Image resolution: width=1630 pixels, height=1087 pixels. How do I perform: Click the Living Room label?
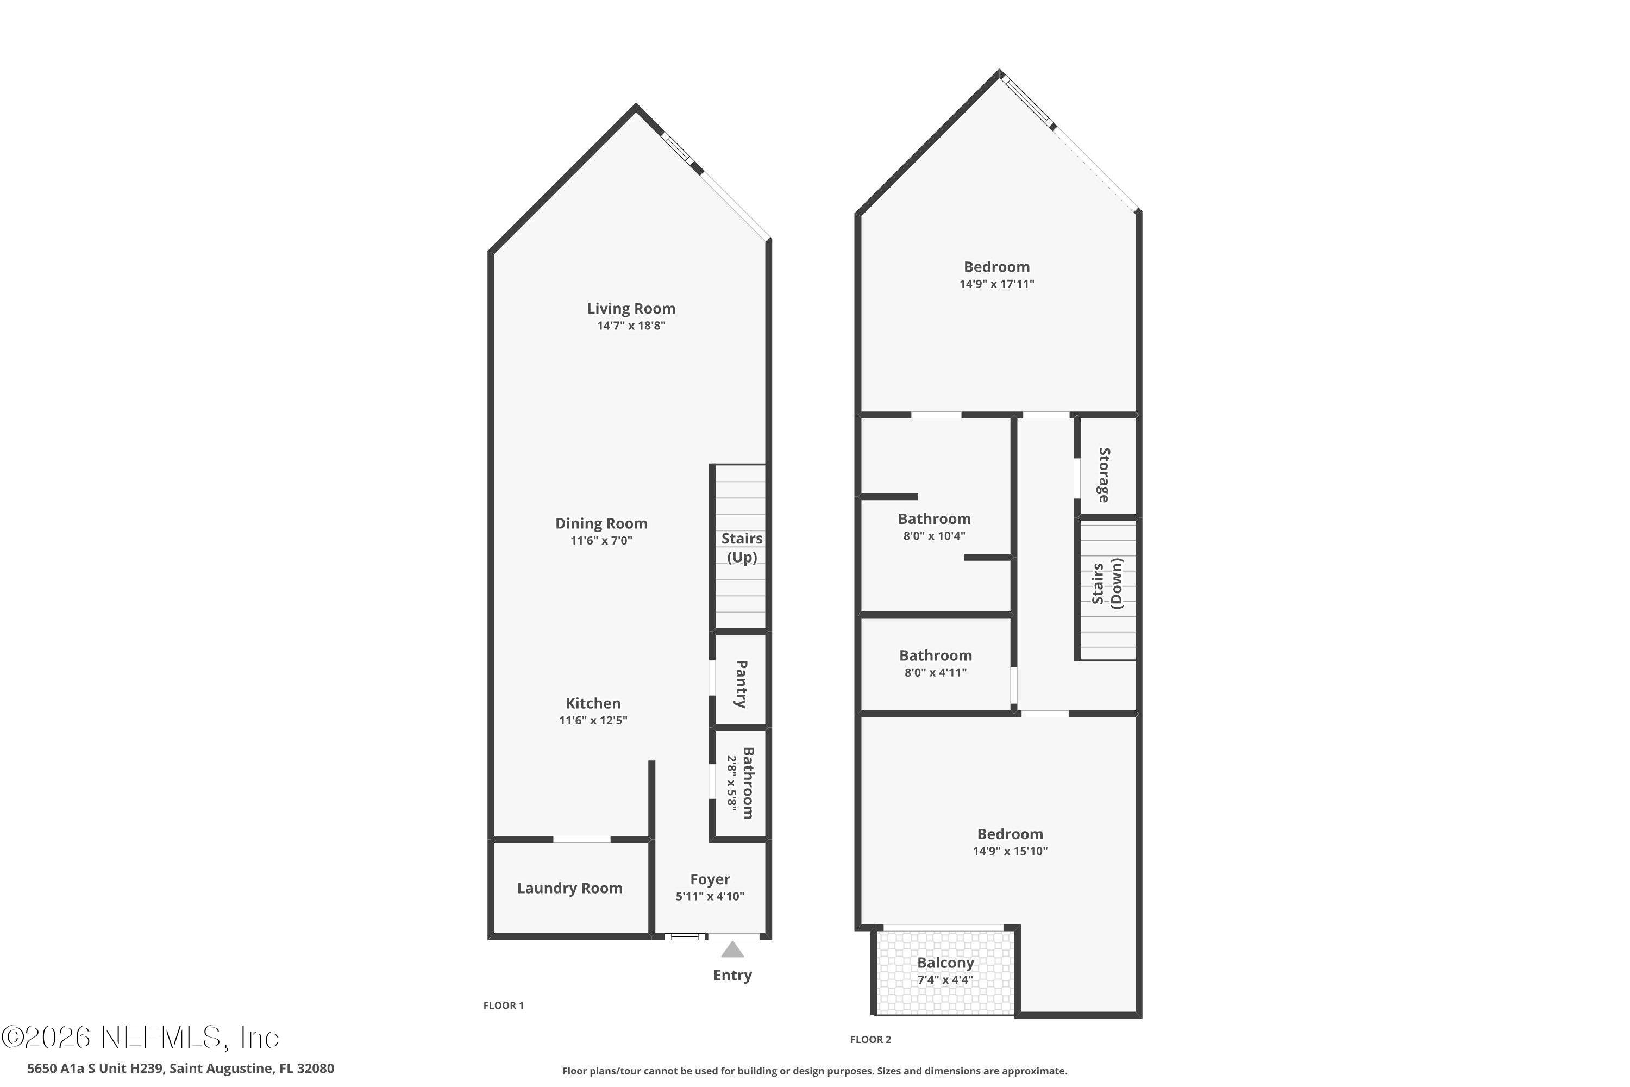[631, 309]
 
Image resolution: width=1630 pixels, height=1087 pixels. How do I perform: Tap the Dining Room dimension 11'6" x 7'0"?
[601, 541]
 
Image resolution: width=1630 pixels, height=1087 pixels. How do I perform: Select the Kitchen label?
[593, 703]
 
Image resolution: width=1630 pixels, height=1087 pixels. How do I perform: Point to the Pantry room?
[740, 679]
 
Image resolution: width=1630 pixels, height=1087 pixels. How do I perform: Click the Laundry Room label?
[569, 888]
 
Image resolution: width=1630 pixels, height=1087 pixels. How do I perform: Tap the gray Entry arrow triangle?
[732, 949]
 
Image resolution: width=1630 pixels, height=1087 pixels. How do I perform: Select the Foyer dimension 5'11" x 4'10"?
[710, 896]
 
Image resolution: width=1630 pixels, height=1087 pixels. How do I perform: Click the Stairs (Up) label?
[742, 548]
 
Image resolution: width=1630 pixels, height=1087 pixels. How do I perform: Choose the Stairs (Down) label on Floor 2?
[1107, 583]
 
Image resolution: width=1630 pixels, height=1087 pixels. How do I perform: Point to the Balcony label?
[945, 963]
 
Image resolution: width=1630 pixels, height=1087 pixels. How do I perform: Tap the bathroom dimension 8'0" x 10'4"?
[934, 536]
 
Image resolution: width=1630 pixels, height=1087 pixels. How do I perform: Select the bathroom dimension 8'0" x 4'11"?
[936, 672]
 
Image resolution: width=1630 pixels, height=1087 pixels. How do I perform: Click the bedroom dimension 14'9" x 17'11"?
[996, 284]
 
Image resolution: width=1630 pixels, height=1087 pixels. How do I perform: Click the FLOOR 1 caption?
[504, 1005]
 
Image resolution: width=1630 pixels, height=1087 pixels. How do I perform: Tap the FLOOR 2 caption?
[871, 1039]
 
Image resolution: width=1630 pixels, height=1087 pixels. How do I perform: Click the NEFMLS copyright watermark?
[140, 1038]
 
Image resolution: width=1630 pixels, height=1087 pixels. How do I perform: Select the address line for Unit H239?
[181, 1069]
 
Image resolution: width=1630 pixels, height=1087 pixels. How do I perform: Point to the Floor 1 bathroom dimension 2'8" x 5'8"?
[732, 782]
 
